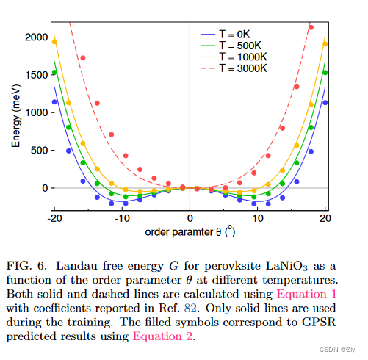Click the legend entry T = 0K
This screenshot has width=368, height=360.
[236, 35]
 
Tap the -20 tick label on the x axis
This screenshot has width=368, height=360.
[53, 218]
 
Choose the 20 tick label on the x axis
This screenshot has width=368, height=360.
[325, 218]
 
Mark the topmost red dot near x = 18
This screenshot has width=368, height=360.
[311, 28]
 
